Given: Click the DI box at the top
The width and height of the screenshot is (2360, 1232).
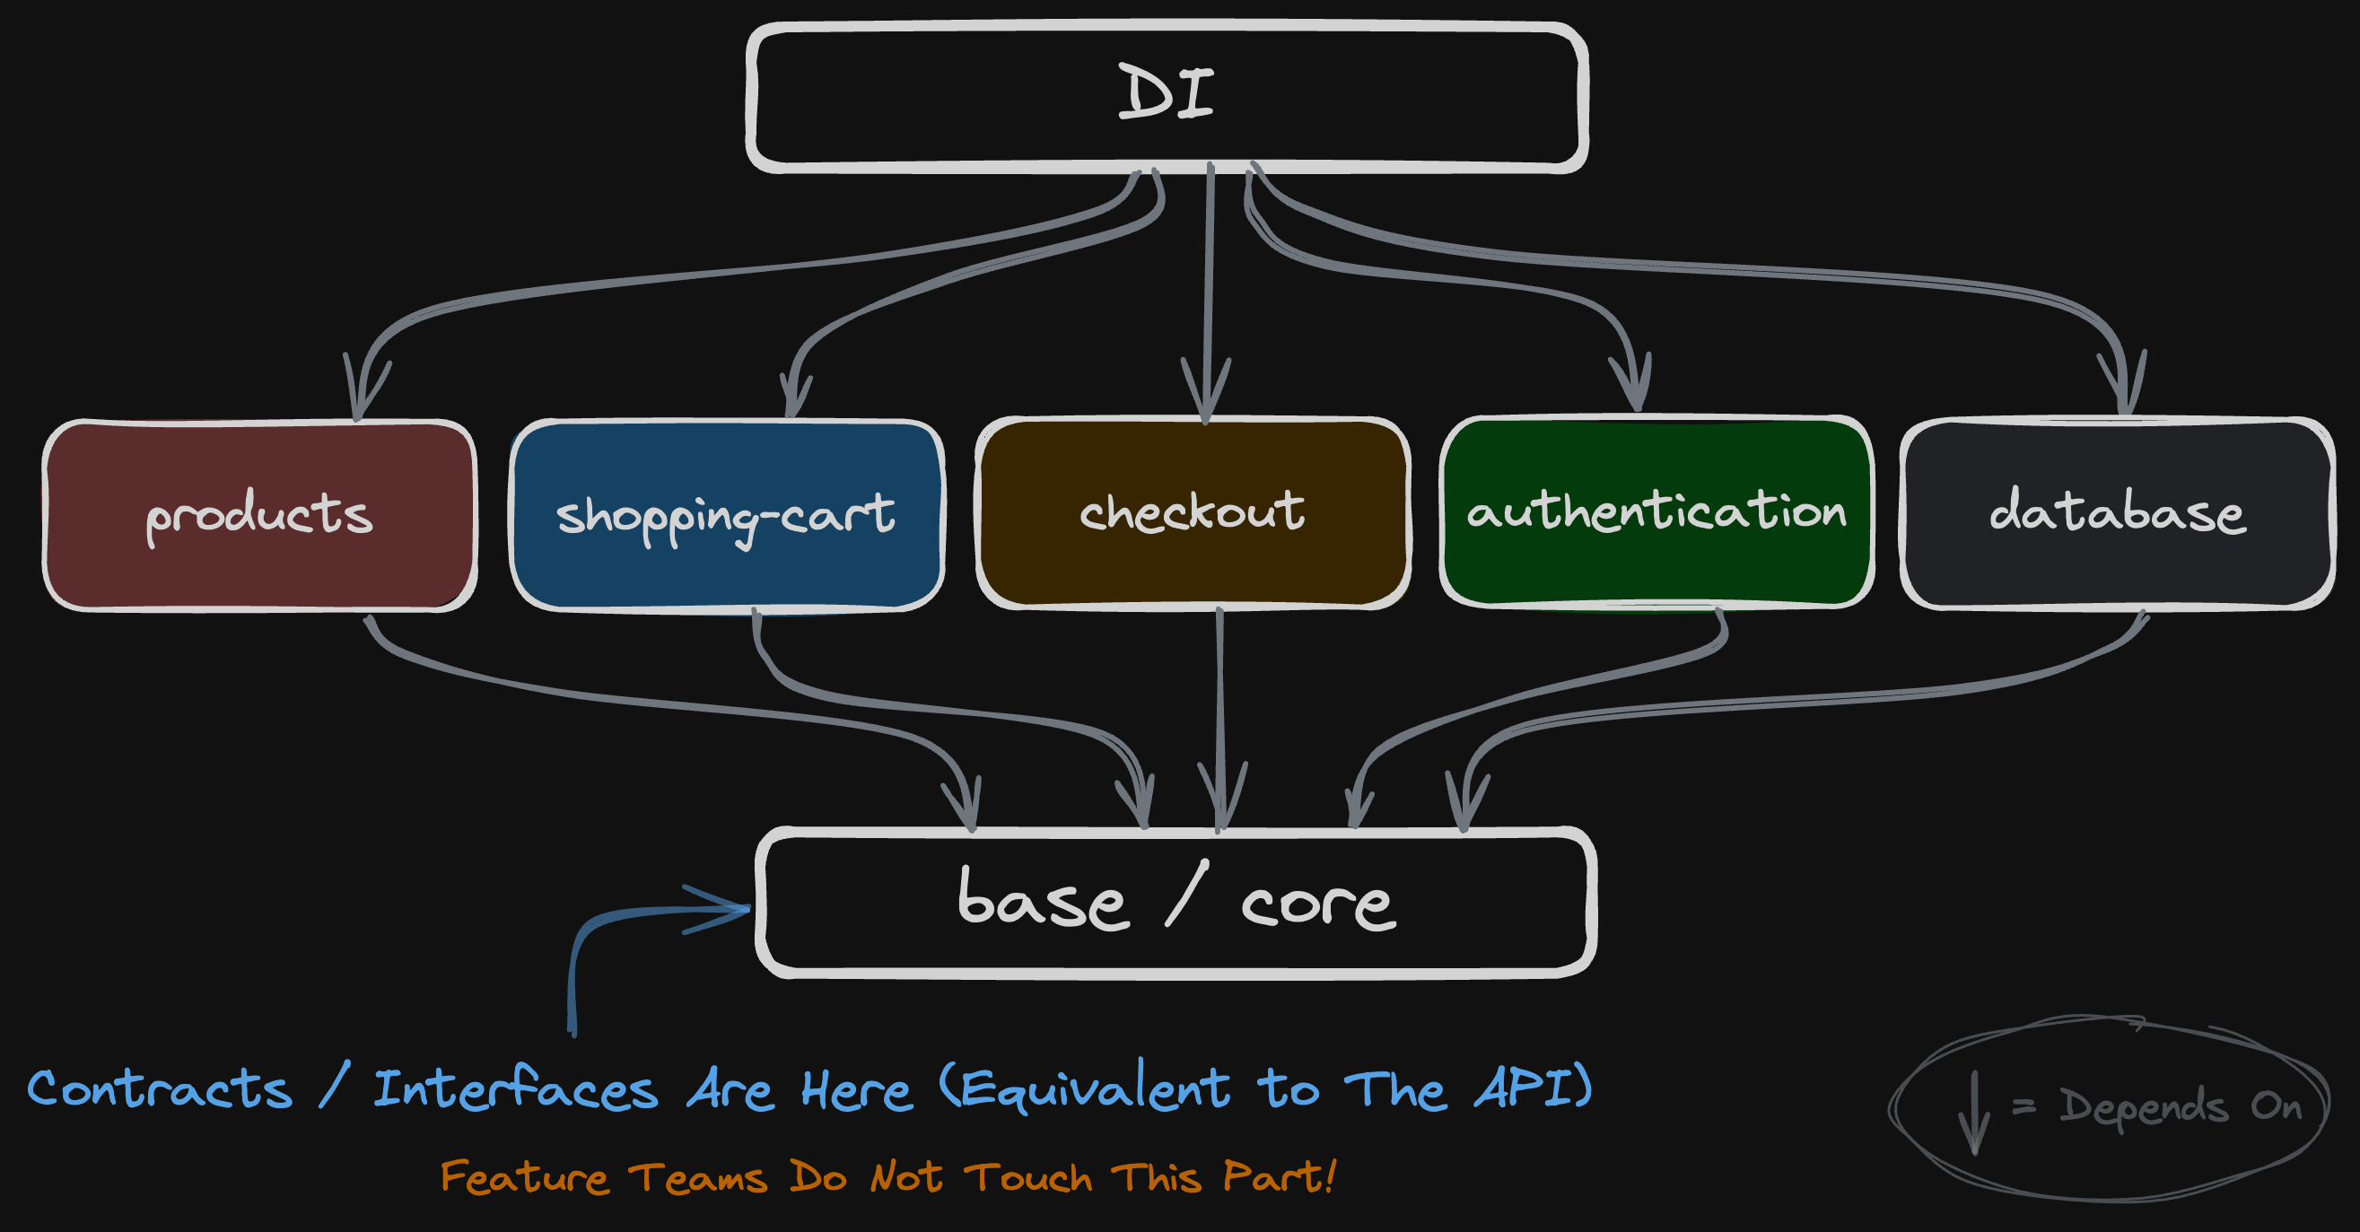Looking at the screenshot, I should [x=1167, y=96].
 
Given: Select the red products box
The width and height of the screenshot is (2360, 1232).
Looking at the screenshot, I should [x=259, y=514].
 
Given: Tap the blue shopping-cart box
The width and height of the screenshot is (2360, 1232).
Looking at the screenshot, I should [x=727, y=514].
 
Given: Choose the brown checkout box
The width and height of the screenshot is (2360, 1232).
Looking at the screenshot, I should [x=1193, y=512].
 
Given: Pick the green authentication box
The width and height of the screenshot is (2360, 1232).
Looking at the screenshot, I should [x=1656, y=511].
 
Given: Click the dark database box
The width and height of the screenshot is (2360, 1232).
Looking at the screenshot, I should [x=2117, y=512].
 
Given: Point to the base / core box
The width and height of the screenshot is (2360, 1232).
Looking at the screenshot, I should [x=1176, y=903].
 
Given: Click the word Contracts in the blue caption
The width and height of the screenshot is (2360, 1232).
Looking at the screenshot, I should [x=161, y=1089].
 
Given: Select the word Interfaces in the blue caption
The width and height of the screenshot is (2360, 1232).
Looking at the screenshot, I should [x=516, y=1089].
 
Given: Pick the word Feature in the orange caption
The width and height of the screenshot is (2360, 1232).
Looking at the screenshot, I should [x=524, y=1177].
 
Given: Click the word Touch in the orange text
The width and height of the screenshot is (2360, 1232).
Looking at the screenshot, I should [x=1028, y=1177].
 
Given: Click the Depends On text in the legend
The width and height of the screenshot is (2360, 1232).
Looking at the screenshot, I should [x=2181, y=1106].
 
